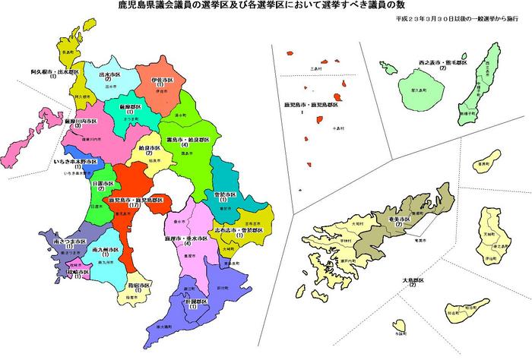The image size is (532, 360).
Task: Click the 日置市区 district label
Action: pos(99,184)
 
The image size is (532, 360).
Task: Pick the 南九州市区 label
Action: pos(104,249)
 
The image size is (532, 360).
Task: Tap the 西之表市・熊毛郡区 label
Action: pos(441,58)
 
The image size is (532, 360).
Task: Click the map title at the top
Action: pos(266,7)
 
